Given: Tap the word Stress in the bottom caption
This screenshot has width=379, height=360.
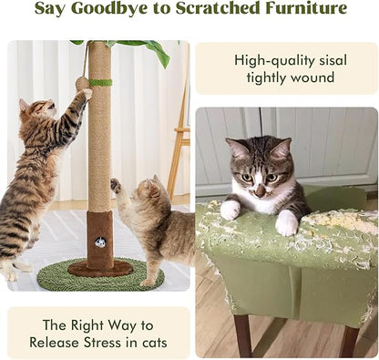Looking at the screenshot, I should click(x=116, y=343).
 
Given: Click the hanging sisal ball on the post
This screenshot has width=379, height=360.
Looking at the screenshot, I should click(x=82, y=83).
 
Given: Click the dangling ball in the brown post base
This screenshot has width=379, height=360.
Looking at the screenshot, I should click(x=100, y=243).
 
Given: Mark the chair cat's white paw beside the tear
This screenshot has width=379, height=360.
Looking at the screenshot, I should click(x=230, y=210).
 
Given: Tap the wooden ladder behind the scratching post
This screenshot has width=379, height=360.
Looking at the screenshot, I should click(x=179, y=137).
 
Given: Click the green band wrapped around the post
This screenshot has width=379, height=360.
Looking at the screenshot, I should click(x=99, y=83).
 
